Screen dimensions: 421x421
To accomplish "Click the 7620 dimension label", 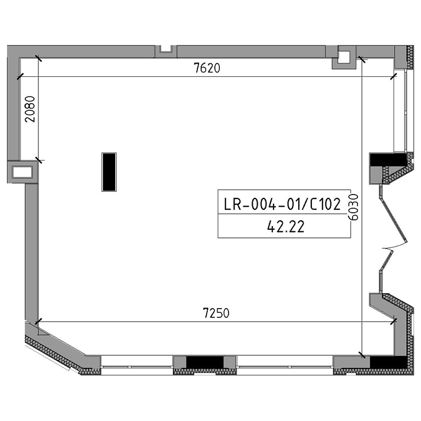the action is pos(207,68).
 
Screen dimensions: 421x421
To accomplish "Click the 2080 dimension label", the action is pos(30,109).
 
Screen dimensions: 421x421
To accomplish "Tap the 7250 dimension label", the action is pos(216,313).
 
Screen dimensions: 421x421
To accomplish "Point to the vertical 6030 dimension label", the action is pos(354,207).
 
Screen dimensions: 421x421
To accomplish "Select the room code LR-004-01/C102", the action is pos(282,204).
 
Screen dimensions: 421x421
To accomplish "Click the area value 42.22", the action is pos(286,226).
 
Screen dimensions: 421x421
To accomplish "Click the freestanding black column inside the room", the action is pos(109,172).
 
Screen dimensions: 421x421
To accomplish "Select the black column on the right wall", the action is pos(388,160).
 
